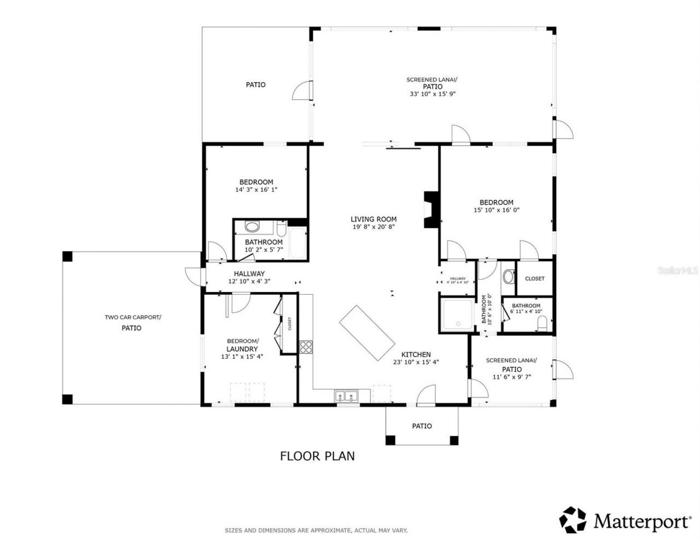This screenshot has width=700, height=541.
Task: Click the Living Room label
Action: [374, 219]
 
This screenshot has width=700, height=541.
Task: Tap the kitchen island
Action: [367, 332]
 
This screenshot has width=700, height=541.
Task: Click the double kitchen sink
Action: [346, 395]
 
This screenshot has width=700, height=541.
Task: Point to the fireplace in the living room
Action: [431, 210]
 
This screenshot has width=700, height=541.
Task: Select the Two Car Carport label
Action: [133, 317]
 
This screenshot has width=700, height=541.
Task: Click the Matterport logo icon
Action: [573, 520]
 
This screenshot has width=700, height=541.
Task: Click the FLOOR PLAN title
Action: [317, 456]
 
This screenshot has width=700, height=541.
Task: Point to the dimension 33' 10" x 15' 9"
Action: [432, 94]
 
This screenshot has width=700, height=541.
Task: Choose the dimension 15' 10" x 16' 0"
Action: [496, 210]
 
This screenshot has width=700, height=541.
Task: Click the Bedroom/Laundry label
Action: [242, 345]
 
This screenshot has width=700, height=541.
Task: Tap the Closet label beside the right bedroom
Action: [534, 278]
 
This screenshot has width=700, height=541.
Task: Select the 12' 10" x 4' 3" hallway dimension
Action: [249, 281]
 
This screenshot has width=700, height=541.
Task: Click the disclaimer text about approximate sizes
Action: [316, 530]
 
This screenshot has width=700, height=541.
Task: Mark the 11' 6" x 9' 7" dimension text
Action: [511, 377]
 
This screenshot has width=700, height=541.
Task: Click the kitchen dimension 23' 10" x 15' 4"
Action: [416, 362]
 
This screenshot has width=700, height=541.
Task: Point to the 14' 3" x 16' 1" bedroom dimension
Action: [256, 190]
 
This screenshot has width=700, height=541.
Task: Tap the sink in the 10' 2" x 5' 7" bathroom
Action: [253, 226]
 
